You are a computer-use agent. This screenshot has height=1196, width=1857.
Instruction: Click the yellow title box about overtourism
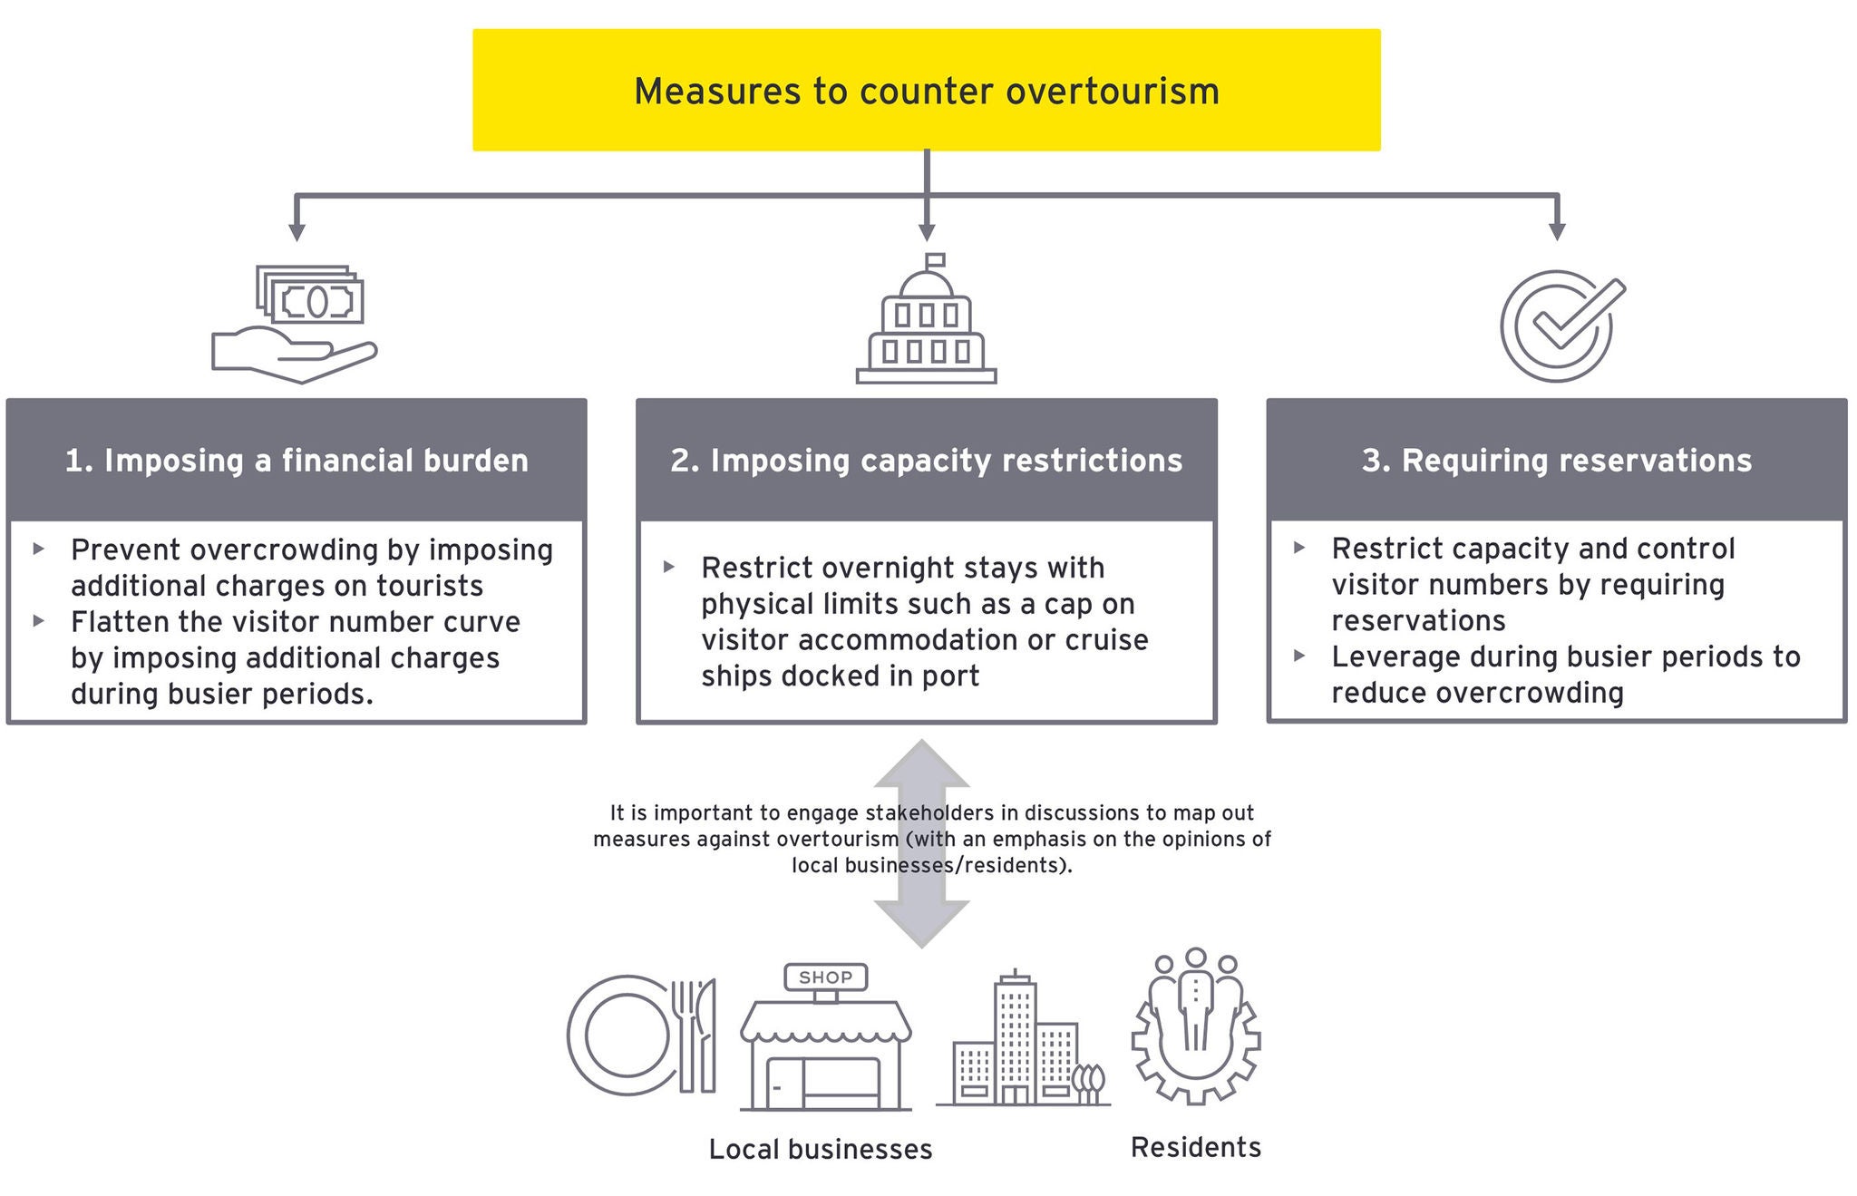pyautogui.click(x=926, y=90)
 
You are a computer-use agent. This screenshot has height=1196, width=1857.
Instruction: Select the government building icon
pyautogui.click(x=926, y=322)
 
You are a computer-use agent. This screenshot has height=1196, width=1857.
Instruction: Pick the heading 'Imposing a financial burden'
pyautogui.click(x=297, y=461)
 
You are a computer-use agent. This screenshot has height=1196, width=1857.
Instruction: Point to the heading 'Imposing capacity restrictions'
pyautogui.click(x=926, y=461)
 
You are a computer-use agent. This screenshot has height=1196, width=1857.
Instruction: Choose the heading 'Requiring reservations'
pyautogui.click(x=1556, y=461)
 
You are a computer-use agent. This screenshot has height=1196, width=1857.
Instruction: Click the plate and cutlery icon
pyautogui.click(x=640, y=1035)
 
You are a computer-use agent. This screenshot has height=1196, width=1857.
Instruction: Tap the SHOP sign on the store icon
pyautogui.click(x=825, y=977)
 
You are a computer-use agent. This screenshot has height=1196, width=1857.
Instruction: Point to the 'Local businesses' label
pyautogui.click(x=820, y=1150)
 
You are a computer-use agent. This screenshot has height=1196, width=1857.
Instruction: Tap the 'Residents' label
pyautogui.click(x=1195, y=1148)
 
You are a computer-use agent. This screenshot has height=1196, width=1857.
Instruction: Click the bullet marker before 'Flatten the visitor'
pyautogui.click(x=39, y=621)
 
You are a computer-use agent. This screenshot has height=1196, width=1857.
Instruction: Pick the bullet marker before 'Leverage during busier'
pyautogui.click(x=1299, y=656)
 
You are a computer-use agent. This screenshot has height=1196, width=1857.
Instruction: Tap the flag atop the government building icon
pyautogui.click(x=935, y=260)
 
